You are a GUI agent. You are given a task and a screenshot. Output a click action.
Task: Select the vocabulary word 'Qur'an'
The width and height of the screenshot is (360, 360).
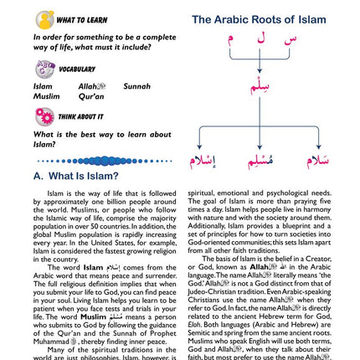click(x=91, y=96)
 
